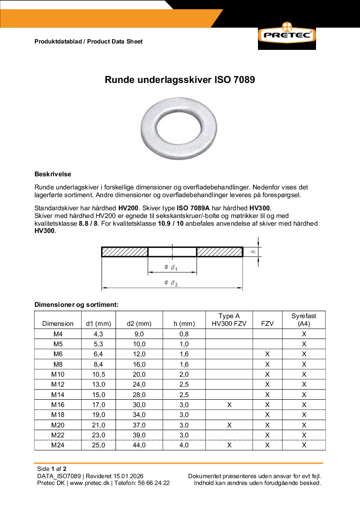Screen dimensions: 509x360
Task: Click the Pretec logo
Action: pos(287,35)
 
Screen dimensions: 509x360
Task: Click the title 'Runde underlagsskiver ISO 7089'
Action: pos(180,80)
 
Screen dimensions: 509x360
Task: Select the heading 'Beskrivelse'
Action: pos(53,174)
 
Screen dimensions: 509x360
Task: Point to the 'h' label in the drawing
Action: pos(254,252)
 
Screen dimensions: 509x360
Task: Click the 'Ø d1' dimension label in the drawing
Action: pos(170,267)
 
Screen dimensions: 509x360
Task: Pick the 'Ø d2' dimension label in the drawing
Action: pos(171,283)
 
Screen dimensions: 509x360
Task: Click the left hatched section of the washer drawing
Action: pos(125,252)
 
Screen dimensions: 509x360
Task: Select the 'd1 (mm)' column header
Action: pos(98,324)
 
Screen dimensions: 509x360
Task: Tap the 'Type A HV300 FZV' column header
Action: pos(229,320)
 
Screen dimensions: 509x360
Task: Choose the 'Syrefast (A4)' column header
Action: pos(304,320)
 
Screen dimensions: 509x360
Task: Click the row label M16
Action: pos(58,405)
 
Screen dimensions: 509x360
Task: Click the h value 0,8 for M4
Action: pos(184,334)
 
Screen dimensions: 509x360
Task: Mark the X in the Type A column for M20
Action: pos(229,425)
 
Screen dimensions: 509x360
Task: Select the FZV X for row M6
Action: pos(267,354)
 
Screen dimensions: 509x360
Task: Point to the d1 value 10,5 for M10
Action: pos(98,374)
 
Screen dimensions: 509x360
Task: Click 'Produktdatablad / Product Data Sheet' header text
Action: pos(88,41)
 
